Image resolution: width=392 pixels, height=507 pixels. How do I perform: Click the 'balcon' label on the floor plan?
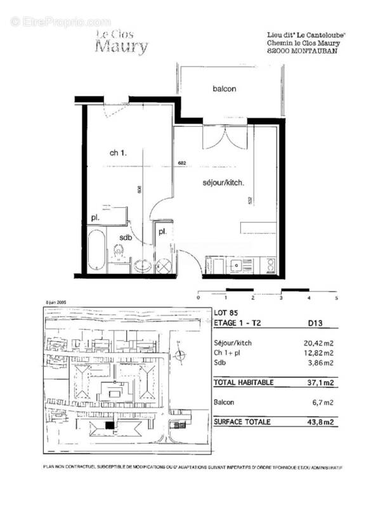(224, 89)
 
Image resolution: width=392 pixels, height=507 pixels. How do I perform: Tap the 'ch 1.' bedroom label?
(119, 153)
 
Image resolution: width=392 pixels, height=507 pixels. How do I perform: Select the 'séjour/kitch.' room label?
(223, 183)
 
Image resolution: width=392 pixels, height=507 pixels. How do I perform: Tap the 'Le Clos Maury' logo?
(122, 42)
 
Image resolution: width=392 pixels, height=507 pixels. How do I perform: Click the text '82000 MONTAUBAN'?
(303, 52)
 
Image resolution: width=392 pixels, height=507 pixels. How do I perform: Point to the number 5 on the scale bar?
(337, 297)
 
